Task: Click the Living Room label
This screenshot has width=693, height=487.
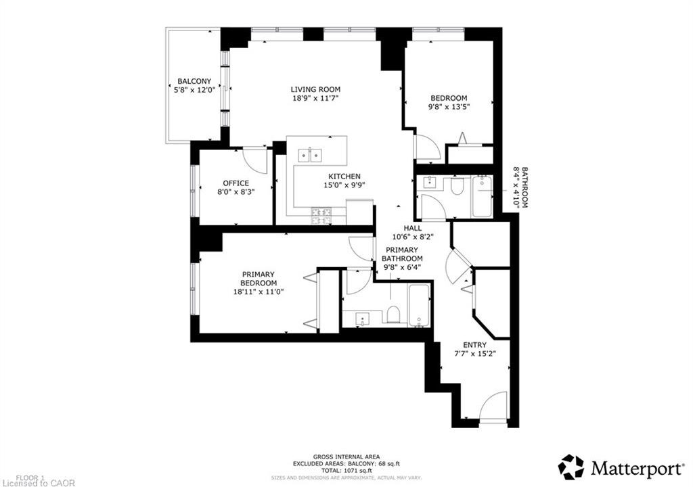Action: (x=315, y=89)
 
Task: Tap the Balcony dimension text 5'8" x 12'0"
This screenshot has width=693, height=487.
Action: (x=194, y=90)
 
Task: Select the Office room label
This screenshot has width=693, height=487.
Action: (x=236, y=183)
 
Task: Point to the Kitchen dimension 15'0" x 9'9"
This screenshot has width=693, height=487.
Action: (x=344, y=185)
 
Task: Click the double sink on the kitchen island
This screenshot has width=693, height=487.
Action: (x=310, y=155)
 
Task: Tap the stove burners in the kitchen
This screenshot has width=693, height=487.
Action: (x=321, y=216)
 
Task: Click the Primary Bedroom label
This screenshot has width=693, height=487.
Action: (x=259, y=279)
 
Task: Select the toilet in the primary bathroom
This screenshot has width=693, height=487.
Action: (x=393, y=315)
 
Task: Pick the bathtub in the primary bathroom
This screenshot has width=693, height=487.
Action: (x=418, y=306)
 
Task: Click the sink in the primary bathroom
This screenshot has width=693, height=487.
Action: (x=363, y=318)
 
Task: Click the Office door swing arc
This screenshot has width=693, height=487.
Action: (x=257, y=163)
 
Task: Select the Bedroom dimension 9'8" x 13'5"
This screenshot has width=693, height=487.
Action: (x=449, y=106)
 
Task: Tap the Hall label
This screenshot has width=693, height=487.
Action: (x=412, y=228)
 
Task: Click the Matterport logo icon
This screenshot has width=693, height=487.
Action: (x=571, y=467)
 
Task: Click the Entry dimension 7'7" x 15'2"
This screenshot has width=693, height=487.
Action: (x=474, y=354)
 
